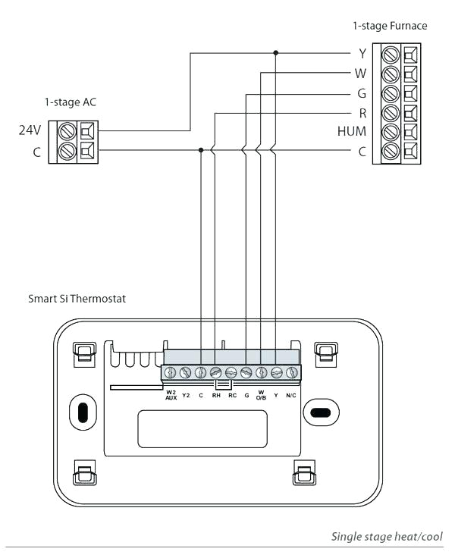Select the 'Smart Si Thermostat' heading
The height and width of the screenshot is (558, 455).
[x=77, y=299]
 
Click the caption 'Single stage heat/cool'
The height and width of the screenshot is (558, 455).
[x=387, y=537]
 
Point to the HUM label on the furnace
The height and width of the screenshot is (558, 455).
[x=352, y=132]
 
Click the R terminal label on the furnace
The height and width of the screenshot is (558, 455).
[x=362, y=113]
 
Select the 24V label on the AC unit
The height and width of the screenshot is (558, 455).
[x=30, y=130]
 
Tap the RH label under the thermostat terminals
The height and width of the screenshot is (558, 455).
[x=216, y=395]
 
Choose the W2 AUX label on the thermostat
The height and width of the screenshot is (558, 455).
[x=171, y=396]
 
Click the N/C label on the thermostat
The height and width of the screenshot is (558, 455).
[x=291, y=395]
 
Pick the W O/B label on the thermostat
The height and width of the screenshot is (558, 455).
[x=261, y=396]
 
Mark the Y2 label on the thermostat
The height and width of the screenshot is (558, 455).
[x=186, y=395]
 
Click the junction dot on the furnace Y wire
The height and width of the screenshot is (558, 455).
[x=275, y=53]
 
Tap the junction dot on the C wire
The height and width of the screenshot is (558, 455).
[x=200, y=150]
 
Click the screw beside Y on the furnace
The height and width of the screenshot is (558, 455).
[x=392, y=55]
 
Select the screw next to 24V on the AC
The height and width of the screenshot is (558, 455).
[x=66, y=130]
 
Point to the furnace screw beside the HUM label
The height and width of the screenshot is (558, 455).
[x=392, y=132]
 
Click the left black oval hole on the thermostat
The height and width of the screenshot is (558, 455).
[x=83, y=410]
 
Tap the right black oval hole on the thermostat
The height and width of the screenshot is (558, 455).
[x=318, y=412]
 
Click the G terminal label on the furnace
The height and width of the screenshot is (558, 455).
[x=362, y=94]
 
